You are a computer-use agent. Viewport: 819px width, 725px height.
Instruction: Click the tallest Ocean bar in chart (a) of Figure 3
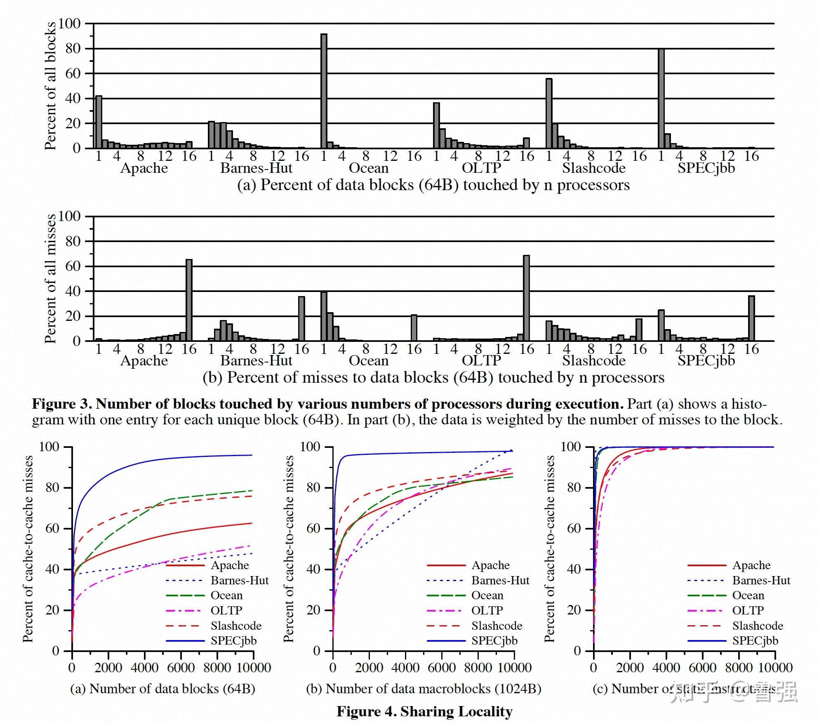pos(324,91)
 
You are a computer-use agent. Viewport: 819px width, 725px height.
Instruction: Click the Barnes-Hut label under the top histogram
pos(256,168)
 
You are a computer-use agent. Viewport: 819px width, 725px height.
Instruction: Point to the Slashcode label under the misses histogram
pos(593,361)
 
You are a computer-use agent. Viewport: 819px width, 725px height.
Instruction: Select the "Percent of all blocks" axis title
pos(50,86)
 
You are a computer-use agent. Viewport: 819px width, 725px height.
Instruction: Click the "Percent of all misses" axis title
pos(50,279)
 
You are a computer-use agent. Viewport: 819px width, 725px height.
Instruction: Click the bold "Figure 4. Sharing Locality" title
pos(424,711)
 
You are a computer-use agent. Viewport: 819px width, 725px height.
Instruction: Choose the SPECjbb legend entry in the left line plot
pos(233,640)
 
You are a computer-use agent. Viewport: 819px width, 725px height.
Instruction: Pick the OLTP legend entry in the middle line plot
pos(487,610)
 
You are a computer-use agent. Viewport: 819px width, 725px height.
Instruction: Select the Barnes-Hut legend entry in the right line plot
pos(761,581)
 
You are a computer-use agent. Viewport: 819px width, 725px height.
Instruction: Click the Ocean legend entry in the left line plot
pos(226,596)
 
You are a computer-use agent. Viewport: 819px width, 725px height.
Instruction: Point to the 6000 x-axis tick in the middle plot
pos(442,668)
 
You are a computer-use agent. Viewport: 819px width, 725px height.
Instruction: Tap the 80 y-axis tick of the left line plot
pos(52,487)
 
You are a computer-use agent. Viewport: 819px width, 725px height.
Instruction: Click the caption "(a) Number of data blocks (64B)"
pos(162,689)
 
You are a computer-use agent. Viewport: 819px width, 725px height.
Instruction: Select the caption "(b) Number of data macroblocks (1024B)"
pos(424,689)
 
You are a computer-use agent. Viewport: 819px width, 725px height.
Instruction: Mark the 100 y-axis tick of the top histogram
pos(69,24)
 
